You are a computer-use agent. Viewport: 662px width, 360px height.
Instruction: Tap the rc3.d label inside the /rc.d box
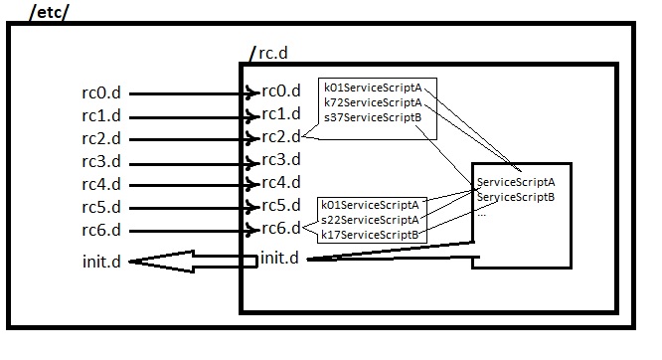pyautogui.click(x=280, y=160)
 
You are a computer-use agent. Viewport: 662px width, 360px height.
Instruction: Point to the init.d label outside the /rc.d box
pyautogui.click(x=103, y=263)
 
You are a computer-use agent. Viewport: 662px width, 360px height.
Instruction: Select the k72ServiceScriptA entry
pyautogui.click(x=373, y=102)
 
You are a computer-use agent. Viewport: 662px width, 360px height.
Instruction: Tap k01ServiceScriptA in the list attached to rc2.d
pyautogui.click(x=373, y=88)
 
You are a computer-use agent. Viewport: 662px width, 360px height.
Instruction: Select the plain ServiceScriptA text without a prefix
pyautogui.click(x=516, y=182)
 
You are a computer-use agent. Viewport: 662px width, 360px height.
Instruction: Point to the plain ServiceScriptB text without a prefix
pyautogui.click(x=516, y=197)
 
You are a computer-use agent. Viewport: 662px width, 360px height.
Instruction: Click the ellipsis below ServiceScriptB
pyautogui.click(x=482, y=212)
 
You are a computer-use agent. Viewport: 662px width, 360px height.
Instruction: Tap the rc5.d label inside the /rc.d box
pyautogui.click(x=280, y=207)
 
